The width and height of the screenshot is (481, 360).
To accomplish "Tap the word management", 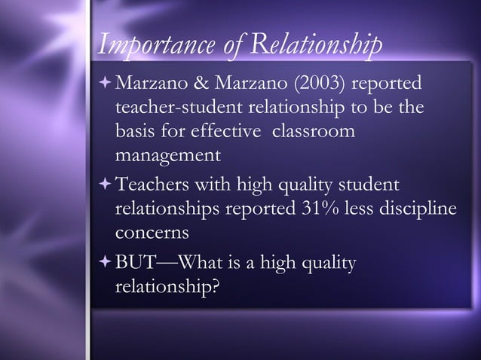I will click(x=167, y=157).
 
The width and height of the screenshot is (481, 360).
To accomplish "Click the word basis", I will click(x=135, y=132).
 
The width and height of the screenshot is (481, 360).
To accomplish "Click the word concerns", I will click(x=151, y=233).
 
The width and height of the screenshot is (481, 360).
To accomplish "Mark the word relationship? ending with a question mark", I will click(x=168, y=287).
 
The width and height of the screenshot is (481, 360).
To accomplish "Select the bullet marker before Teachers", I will click(x=103, y=184).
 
